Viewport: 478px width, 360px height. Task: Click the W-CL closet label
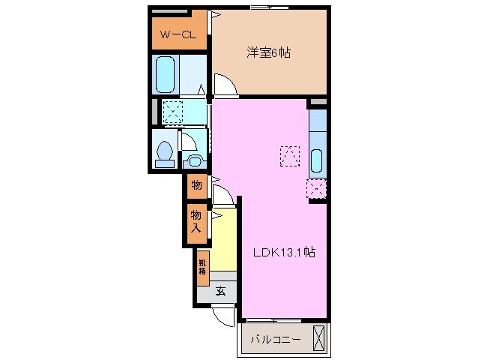point(178,34)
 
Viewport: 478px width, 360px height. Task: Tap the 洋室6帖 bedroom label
point(268,52)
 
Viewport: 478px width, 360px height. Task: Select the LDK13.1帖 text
point(285,252)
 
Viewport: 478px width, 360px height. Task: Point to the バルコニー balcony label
point(276,339)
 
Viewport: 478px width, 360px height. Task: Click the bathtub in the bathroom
point(166,75)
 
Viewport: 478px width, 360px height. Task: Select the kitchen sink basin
point(317,160)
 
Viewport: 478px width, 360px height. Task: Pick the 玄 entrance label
point(221,291)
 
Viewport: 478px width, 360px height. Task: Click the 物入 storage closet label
point(196,221)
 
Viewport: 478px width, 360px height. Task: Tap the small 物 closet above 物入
point(197,185)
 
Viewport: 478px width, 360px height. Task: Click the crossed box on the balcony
point(319,338)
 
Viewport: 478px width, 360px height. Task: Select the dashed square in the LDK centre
point(290,156)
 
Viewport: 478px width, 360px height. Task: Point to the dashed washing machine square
point(173,112)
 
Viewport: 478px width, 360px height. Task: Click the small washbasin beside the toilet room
point(193,161)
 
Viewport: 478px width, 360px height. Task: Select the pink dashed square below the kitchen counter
point(316,189)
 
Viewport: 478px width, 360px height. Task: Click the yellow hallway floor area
point(224,241)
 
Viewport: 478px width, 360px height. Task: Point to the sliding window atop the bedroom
point(269,7)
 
